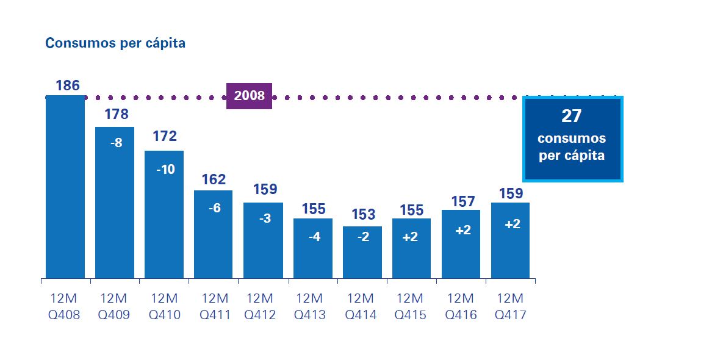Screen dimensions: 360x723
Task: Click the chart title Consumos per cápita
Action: (x=115, y=43)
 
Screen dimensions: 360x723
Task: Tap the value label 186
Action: (x=68, y=85)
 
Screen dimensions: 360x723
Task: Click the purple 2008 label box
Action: (x=249, y=96)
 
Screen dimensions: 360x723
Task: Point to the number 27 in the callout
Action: (x=572, y=117)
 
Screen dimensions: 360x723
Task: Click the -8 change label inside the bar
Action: (x=115, y=143)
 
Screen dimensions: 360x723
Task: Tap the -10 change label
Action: (x=165, y=170)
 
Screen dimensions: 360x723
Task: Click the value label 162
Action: (x=214, y=179)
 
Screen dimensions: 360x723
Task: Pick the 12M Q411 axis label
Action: (x=214, y=307)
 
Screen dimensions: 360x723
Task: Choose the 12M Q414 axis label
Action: (x=362, y=307)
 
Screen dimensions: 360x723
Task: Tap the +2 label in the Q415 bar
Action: (x=411, y=237)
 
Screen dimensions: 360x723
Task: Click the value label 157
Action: (x=462, y=201)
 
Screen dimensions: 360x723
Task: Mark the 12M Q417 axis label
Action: (x=511, y=307)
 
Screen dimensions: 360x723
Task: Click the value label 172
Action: (x=165, y=137)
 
